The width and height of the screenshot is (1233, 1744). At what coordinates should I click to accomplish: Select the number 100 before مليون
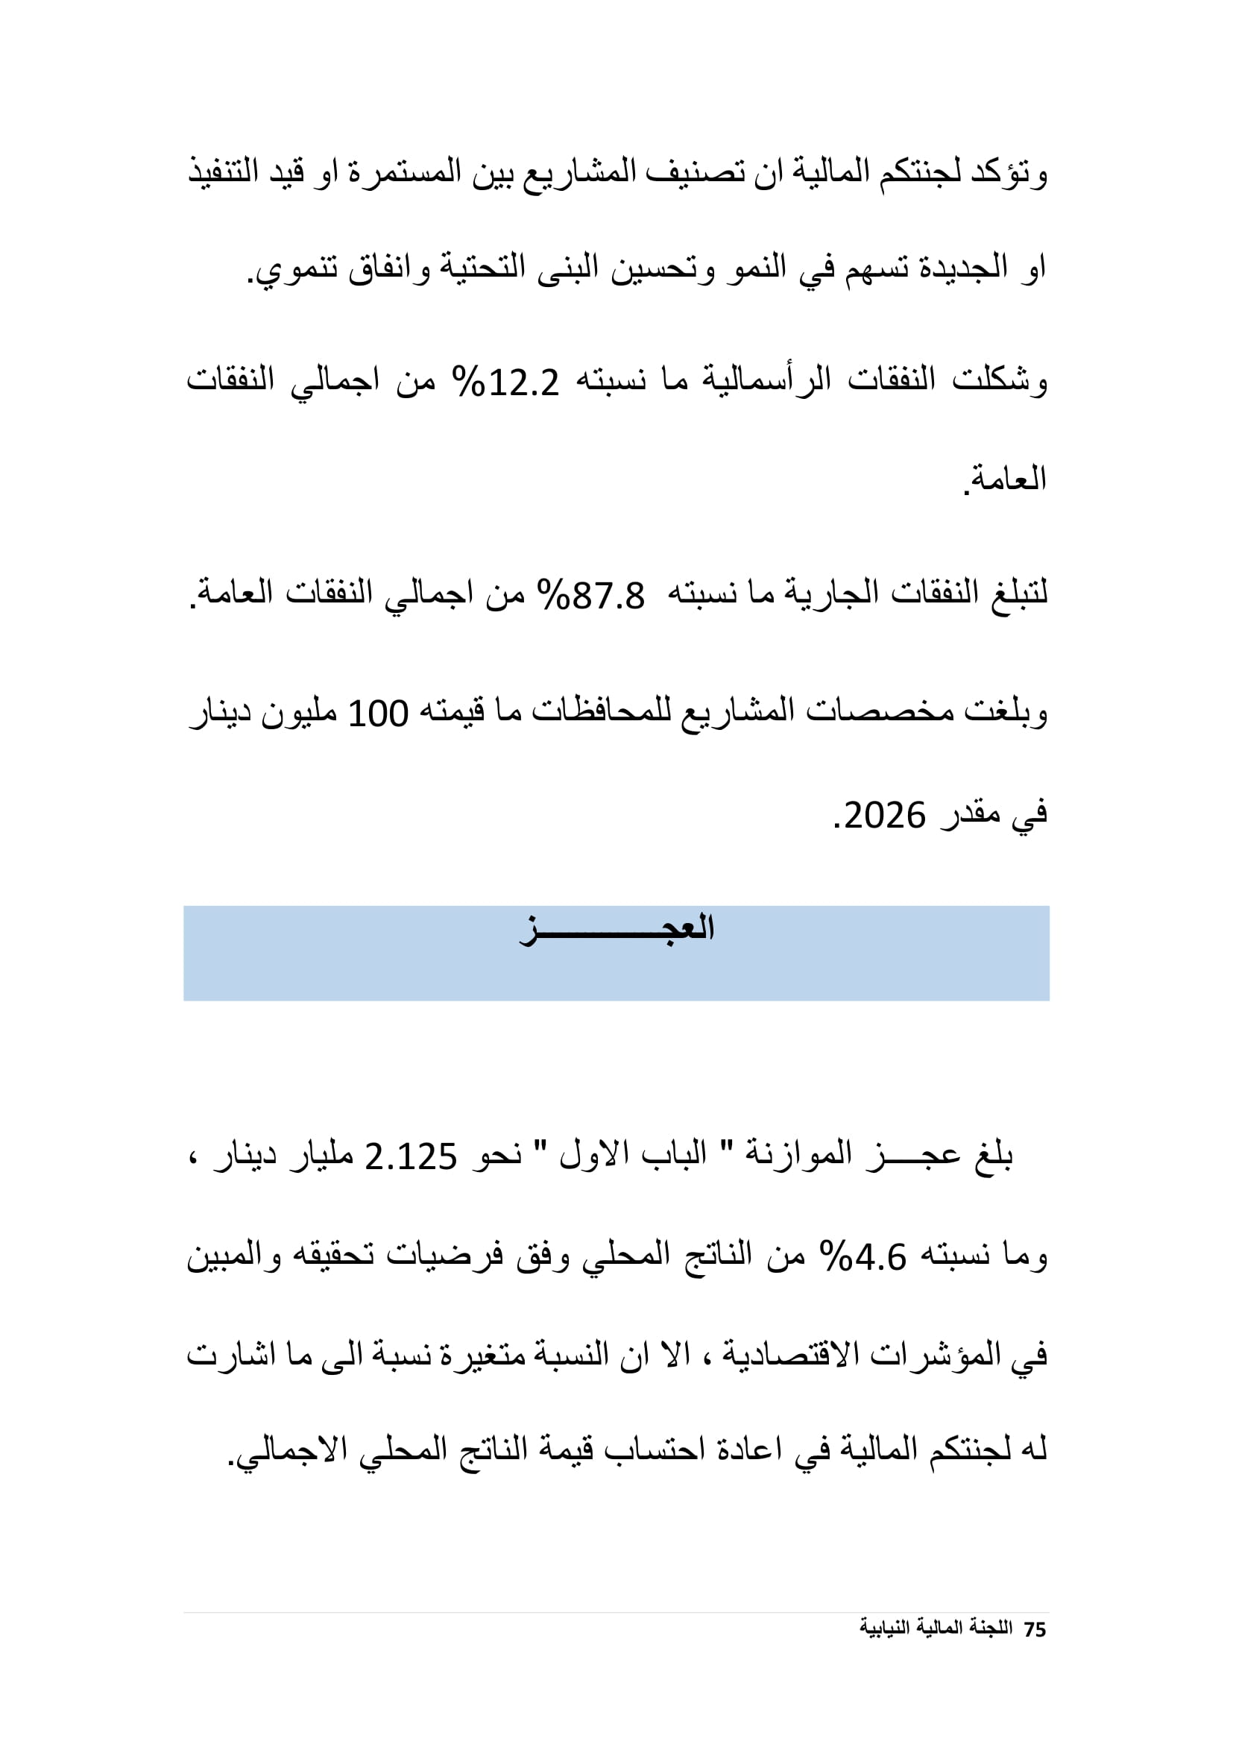point(378,714)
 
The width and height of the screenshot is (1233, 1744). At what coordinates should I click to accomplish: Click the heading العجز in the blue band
point(616,929)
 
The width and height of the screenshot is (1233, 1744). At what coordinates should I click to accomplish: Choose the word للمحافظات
point(602,714)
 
